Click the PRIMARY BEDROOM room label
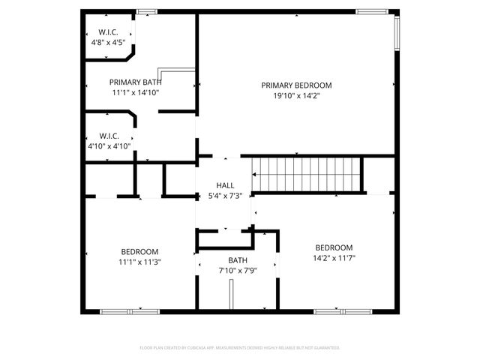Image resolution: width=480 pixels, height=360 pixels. coord(296,85)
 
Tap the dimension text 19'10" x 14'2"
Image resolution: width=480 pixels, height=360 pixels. coord(296,96)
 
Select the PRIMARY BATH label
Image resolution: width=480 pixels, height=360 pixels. coord(136,82)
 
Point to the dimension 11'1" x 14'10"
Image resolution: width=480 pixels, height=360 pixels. coord(136,93)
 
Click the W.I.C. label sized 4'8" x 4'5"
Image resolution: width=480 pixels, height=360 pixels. coord(109,32)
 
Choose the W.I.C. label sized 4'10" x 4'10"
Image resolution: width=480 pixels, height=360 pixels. coord(109,136)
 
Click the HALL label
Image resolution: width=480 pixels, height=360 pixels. coord(225,185)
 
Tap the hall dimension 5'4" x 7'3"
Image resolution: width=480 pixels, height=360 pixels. coord(225,196)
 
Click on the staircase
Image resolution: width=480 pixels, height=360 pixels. coord(306,175)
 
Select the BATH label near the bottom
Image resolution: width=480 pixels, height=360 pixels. coord(238,260)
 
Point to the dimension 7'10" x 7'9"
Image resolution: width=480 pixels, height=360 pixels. coord(238,271)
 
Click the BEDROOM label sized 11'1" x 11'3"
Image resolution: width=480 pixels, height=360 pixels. coord(140,251)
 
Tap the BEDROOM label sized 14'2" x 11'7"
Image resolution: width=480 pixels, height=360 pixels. coord(334,248)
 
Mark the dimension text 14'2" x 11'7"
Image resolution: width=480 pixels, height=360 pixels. coord(334,259)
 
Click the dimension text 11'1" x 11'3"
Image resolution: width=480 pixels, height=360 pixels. coord(140,262)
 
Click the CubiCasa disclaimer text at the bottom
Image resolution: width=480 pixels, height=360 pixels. coord(240,348)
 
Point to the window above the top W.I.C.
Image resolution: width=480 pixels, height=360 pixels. coord(147,11)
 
